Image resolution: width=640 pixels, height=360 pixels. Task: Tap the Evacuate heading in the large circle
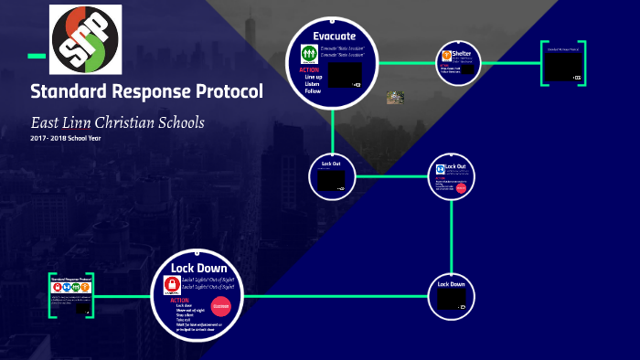[x=333, y=36]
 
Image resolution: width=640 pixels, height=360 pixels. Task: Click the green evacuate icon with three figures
[x=308, y=55]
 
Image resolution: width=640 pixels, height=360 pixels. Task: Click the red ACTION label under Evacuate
[x=309, y=70]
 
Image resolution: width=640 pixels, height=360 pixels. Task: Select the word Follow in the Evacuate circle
[x=313, y=91]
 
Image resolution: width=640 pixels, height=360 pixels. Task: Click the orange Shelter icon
[x=447, y=57]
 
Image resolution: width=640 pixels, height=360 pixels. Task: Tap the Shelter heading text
[x=461, y=55]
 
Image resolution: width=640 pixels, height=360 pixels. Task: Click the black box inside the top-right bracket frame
[x=561, y=66]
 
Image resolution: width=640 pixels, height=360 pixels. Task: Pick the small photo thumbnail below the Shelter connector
[x=395, y=97]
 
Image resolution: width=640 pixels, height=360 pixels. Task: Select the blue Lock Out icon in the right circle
[x=441, y=169]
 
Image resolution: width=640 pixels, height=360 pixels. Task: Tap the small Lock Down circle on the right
[x=452, y=295]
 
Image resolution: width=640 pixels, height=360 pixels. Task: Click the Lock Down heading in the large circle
[x=198, y=267]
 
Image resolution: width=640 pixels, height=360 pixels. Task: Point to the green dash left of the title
[x=37, y=56]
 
